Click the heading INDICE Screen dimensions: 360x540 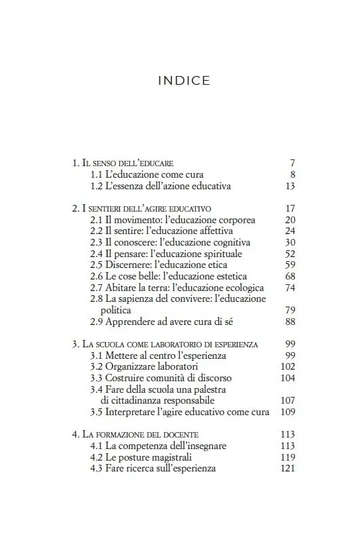pyautogui.click(x=184, y=81)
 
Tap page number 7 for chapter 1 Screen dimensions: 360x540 pyautogui.click(x=292, y=163)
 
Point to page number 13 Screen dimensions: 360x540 pyautogui.click(x=290, y=186)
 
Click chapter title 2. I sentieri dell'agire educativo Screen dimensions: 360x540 pyautogui.click(x=142, y=208)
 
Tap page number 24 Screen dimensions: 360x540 pyautogui.click(x=290, y=231)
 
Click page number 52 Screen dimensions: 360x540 pyautogui.click(x=290, y=254)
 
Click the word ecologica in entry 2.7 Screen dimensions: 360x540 pyautogui.click(x=236, y=288)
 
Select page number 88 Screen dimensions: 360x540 pyautogui.click(x=290, y=322)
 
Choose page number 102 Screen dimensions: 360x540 pyautogui.click(x=287, y=367)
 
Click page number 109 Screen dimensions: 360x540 pyautogui.click(x=287, y=412)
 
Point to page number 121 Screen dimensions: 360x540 pyautogui.click(x=287, y=469)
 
